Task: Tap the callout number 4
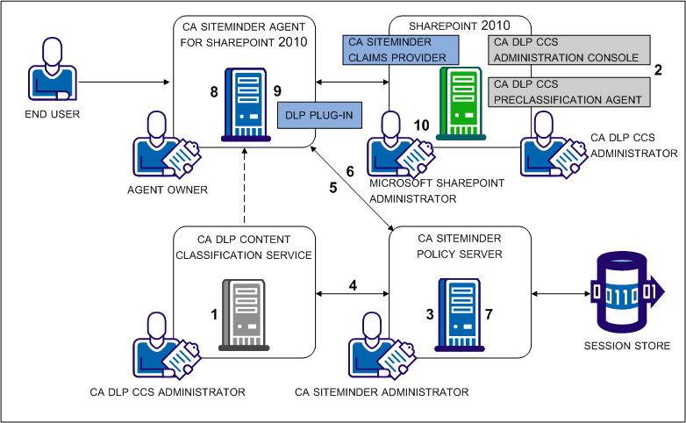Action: pyautogui.click(x=353, y=285)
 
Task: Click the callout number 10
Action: pyautogui.click(x=421, y=125)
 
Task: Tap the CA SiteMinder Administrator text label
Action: pyautogui.click(x=382, y=391)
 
